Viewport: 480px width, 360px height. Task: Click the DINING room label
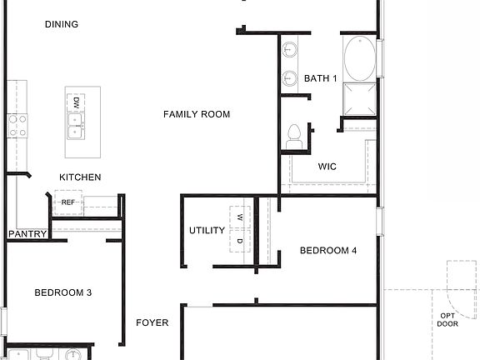(62, 24)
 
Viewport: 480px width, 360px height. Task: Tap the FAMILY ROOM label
(197, 114)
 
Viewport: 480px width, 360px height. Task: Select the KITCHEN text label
(80, 177)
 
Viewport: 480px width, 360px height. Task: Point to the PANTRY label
(27, 234)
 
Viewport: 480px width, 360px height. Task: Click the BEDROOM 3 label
(62, 292)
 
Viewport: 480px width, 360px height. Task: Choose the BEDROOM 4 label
(328, 250)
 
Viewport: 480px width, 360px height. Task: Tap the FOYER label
(152, 322)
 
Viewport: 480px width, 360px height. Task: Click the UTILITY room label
(207, 230)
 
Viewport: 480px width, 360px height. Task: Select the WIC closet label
(327, 166)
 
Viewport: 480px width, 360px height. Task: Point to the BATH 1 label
(320, 78)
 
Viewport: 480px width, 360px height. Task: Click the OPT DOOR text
(448, 319)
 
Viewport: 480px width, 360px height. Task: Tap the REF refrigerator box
(68, 202)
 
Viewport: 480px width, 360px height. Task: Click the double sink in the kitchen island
(76, 126)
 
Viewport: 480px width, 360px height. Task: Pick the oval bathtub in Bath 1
(359, 57)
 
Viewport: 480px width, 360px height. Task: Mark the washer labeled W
(240, 217)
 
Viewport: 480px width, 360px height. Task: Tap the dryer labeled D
(240, 242)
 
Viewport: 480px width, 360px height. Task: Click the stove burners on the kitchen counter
(17, 126)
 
